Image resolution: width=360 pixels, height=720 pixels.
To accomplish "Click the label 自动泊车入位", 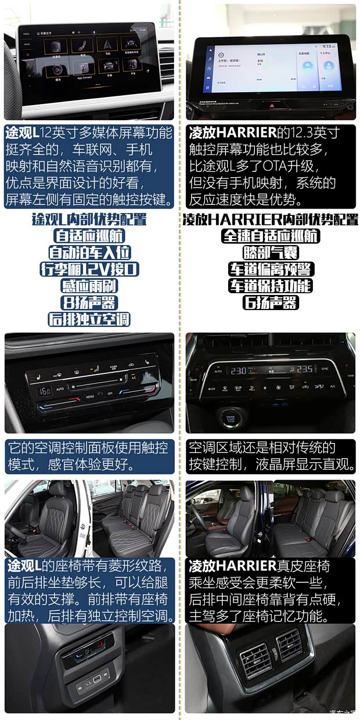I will [x=89, y=253].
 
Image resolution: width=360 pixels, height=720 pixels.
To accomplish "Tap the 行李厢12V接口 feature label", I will [x=89, y=269].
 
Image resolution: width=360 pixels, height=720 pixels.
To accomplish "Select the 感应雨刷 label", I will [x=89, y=286].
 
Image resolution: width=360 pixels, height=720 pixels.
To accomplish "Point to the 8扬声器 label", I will [x=89, y=303].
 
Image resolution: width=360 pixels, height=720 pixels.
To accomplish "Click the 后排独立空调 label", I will [x=89, y=319].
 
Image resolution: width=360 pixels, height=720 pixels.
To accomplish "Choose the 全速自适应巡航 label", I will [x=271, y=236].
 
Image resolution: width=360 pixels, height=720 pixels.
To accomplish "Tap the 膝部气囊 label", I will [x=271, y=253].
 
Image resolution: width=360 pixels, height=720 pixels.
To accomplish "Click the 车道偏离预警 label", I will [x=271, y=269].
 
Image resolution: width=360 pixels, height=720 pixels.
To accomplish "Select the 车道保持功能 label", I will [x=271, y=286].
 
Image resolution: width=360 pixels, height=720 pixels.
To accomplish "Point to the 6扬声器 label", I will [x=271, y=303].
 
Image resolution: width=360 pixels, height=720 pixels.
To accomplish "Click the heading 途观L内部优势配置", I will [x=89, y=219].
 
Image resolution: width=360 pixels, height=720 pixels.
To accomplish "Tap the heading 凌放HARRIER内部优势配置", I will [x=271, y=219].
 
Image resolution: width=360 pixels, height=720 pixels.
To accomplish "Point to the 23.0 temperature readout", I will [x=237, y=369].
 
